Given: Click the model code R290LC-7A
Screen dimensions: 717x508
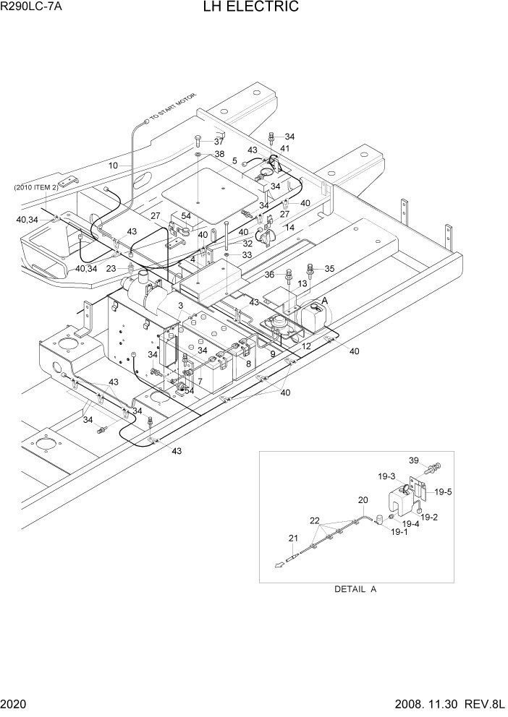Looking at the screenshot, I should tap(30, 8).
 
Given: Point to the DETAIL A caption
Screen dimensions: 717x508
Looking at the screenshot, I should tap(355, 589).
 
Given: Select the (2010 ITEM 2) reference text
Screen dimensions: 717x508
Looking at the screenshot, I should tap(35, 188).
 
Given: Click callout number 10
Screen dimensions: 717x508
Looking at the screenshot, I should tap(113, 166).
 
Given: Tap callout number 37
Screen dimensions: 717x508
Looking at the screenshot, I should tap(219, 142).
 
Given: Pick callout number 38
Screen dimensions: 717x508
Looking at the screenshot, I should tap(219, 155).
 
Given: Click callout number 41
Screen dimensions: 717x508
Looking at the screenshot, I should tap(284, 148).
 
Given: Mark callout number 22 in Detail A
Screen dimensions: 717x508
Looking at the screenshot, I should tap(314, 520).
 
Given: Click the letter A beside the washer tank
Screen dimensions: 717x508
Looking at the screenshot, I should tap(324, 300).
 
